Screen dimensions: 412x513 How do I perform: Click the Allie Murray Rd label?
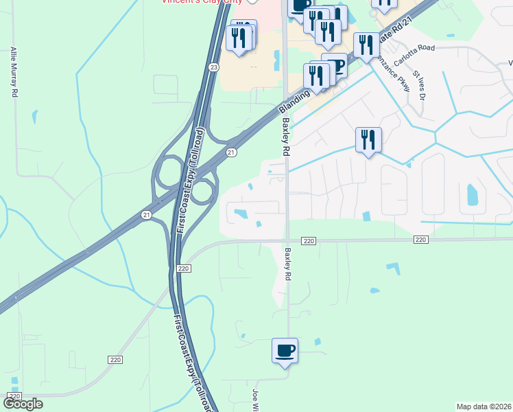(14, 71)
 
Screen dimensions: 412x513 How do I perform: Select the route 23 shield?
(214, 67)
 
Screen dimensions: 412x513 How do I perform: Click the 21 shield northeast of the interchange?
(232, 152)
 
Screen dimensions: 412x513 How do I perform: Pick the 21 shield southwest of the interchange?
(146, 215)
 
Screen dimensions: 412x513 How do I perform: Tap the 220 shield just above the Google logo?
(15, 397)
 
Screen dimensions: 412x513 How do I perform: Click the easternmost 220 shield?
(421, 240)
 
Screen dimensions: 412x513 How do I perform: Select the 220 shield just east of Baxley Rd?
(309, 240)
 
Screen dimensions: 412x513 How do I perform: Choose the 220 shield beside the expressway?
(183, 268)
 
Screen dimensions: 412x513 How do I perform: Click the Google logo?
(24, 404)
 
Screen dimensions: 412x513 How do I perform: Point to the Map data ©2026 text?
(484, 407)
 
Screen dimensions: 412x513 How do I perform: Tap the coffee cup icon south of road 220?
(285, 350)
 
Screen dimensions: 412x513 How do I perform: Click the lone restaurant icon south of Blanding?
(368, 139)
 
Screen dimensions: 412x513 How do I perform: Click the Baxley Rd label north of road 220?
(286, 135)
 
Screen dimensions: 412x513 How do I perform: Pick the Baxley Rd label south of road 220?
(287, 263)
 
